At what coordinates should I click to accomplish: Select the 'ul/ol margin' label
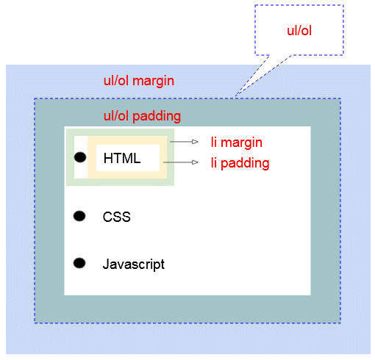pos(139,81)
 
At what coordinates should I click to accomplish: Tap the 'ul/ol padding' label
pos(143,116)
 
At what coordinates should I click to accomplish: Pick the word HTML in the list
pos(121,158)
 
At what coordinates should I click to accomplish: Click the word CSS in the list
pos(116,217)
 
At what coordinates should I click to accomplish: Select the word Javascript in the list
pos(133,264)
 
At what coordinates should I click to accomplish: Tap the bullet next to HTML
pos(80,157)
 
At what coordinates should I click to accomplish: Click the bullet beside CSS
pos(80,216)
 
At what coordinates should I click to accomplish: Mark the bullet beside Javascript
pos(80,263)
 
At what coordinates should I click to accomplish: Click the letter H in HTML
pos(107,158)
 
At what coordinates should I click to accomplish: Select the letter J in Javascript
pos(105,264)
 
